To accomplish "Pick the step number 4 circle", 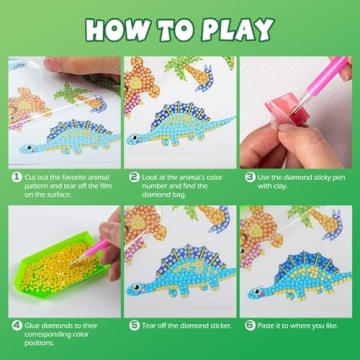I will pos(17,324).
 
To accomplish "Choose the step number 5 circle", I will pos(131,324).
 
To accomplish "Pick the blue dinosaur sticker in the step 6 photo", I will pos(295,271).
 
